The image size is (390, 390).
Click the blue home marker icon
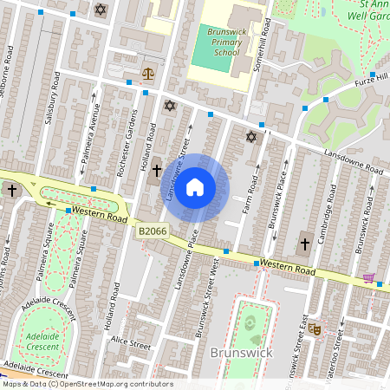pos(195,187)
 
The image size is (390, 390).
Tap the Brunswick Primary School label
pos(212,41)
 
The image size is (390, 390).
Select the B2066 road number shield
pos(151,231)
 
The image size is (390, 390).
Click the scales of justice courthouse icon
pos(146,75)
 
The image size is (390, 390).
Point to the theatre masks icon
pos(315,329)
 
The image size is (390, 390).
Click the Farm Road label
pos(251,196)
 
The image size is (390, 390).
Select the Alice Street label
pos(131,344)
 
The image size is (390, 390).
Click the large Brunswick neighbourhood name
pos(241,353)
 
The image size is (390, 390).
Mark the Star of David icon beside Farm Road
pos(252,136)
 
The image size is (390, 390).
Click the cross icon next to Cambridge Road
pos(304,244)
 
